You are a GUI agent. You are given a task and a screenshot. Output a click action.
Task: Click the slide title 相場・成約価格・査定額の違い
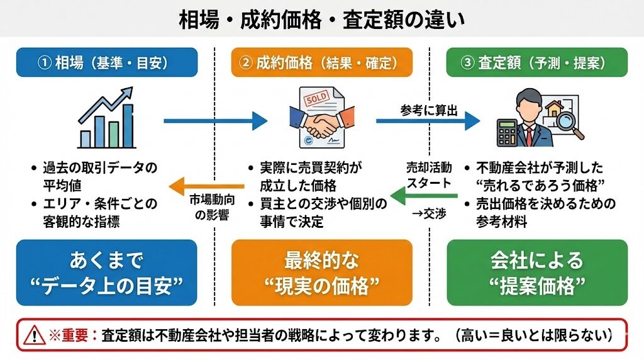[x=321, y=20]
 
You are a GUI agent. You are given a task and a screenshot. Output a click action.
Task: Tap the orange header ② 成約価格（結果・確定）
[x=321, y=62]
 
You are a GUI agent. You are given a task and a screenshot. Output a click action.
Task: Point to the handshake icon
[x=321, y=124]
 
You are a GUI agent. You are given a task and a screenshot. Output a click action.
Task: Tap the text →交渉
[x=428, y=215]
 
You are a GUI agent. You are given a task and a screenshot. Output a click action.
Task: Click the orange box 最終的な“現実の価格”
[x=321, y=272]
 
